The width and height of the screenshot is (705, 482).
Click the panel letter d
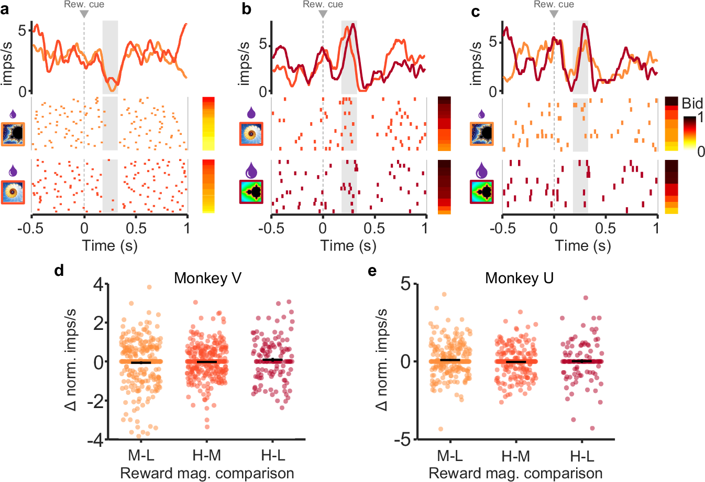tap(59, 271)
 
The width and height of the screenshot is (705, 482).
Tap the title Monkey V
tap(207, 278)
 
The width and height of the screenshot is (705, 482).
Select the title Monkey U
tap(519, 278)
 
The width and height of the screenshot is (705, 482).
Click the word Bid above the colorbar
tap(692, 103)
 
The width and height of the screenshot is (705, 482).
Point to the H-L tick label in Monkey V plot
tap(273, 455)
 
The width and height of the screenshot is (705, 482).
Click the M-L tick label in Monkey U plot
tap(450, 456)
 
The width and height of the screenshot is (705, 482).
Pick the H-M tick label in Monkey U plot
tap(516, 456)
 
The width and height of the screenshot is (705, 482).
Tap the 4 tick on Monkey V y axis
tap(98, 285)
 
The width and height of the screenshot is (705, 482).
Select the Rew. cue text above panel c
tap(554, 4)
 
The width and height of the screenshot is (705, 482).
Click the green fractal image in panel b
tap(251, 192)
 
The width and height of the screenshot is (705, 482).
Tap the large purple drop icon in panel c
tap(481, 170)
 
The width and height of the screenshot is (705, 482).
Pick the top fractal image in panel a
tap(13, 134)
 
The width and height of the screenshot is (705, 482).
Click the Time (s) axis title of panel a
tap(109, 245)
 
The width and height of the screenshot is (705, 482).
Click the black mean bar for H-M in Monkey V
tap(206, 362)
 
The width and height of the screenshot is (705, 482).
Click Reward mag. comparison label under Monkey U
tap(515, 474)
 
